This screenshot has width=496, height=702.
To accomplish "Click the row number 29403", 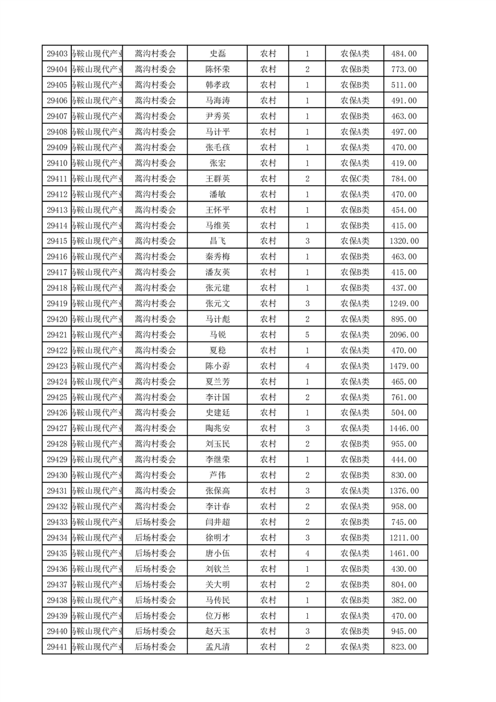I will pos(57,54).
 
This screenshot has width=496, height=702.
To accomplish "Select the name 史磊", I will pos(217,54).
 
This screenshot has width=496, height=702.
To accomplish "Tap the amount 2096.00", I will pos(403,335).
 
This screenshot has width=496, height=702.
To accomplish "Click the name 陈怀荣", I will pos(217,69).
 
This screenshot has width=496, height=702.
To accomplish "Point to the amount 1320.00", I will pos(403,241).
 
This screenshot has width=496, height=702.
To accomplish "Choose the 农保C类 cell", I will pos(355,179).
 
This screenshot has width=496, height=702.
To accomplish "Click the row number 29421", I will pos(57,335).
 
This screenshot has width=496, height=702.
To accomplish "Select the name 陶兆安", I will pos(217,429).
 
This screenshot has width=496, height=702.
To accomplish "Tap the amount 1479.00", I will pos(403,366).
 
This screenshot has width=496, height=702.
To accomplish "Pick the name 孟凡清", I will pos(217,647).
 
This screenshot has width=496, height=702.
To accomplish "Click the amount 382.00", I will pos(403,600).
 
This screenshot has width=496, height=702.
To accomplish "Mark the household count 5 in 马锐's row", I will pos(307,335).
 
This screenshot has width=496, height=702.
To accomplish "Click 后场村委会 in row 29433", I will pos(156,522).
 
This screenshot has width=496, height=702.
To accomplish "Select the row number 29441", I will pos(57,647).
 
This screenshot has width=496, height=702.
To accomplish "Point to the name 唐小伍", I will pos(217,553).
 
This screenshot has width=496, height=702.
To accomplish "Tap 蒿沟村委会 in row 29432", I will pos(156,506).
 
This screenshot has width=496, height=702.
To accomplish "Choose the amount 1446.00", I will pos(403,429).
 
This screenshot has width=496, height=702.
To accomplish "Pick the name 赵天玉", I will pos(217,631).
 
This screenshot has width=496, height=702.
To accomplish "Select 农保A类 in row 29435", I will pos(355,553).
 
